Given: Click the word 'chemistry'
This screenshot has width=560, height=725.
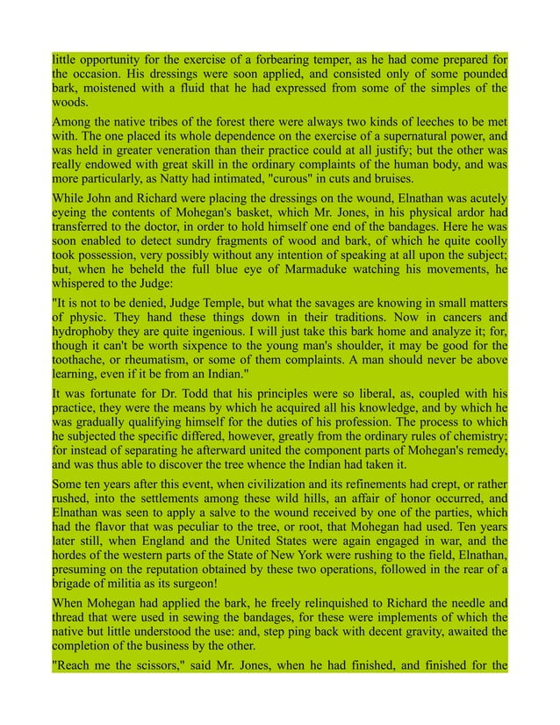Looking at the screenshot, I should click(465, 439).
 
